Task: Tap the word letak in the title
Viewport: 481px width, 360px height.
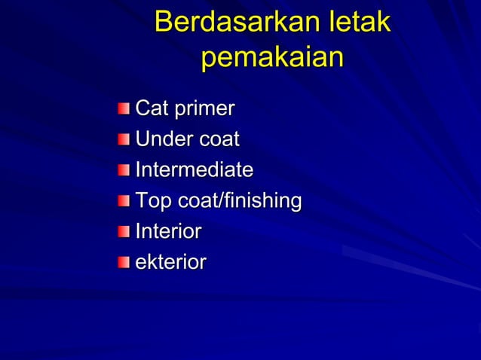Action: [x=355, y=23]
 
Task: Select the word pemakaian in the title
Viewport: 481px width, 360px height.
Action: [x=272, y=58]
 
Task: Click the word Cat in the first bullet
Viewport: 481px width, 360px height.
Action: [x=152, y=108]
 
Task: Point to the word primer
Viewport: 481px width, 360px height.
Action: [x=204, y=110]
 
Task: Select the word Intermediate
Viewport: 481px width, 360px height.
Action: [x=194, y=169]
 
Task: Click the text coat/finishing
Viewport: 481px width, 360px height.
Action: [x=239, y=202]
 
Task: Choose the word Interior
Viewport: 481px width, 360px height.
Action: [x=168, y=231]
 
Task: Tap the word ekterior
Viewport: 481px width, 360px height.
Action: [x=170, y=262]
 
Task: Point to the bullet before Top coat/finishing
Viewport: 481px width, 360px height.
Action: [x=124, y=201]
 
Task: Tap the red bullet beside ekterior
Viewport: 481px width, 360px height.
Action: [x=124, y=262]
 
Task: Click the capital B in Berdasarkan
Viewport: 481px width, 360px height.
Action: [x=163, y=23]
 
